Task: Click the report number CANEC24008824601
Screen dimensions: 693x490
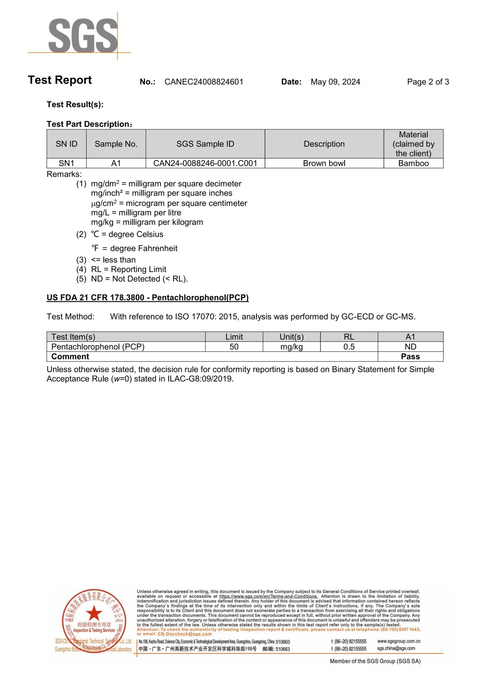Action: coord(204,82)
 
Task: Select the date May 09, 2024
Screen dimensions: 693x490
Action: coord(335,82)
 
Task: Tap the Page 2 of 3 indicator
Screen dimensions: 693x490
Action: coord(428,82)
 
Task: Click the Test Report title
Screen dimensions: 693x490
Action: coord(60,80)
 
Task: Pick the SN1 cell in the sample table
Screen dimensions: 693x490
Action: coord(67,163)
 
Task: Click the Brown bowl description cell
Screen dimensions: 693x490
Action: coord(324,163)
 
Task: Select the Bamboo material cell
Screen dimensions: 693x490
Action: coord(413,163)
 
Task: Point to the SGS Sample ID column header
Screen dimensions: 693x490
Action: coord(205,144)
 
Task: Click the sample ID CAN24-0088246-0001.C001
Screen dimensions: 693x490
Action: coord(205,163)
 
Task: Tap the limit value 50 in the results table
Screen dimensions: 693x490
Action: coord(234,347)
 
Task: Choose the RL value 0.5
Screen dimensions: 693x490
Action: coord(349,347)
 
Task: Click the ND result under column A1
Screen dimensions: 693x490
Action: coord(410,347)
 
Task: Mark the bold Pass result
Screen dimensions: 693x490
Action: coord(410,357)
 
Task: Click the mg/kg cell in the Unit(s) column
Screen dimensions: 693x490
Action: coord(292,347)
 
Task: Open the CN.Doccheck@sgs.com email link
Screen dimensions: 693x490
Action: coord(185,634)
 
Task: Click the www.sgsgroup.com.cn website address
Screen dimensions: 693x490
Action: coord(399,641)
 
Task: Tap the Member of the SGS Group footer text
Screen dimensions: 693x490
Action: coord(375,661)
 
